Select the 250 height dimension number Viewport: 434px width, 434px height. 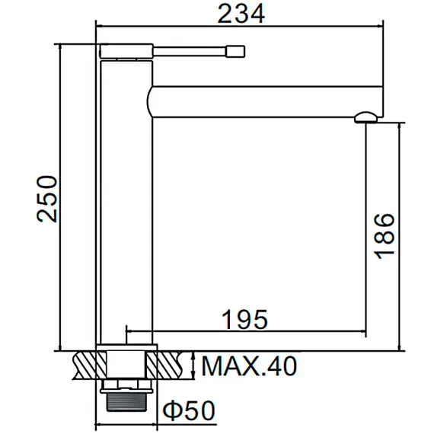click(x=47, y=198)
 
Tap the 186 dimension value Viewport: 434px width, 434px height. click(x=385, y=236)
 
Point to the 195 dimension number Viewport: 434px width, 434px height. click(x=244, y=318)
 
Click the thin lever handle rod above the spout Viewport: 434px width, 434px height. click(x=190, y=52)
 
